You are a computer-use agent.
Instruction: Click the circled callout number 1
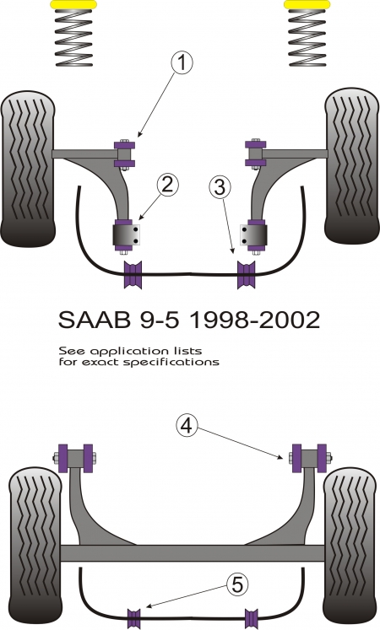(x=182, y=63)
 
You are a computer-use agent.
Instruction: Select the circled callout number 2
(x=167, y=185)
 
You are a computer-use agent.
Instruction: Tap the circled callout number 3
(x=220, y=187)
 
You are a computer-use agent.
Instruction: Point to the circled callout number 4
(x=186, y=426)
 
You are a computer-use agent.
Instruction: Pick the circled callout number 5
(x=236, y=584)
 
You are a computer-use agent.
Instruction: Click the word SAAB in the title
(x=95, y=320)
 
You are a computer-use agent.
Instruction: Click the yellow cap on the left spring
(x=73, y=5)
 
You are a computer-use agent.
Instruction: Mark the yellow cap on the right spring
(x=307, y=5)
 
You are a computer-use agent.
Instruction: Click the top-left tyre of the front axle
(x=28, y=169)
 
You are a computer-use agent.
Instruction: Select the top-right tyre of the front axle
(x=352, y=166)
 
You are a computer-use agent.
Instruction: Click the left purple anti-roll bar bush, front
(x=133, y=275)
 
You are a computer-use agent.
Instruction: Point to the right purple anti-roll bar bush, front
(x=246, y=275)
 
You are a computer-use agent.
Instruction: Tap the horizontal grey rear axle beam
(x=193, y=553)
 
